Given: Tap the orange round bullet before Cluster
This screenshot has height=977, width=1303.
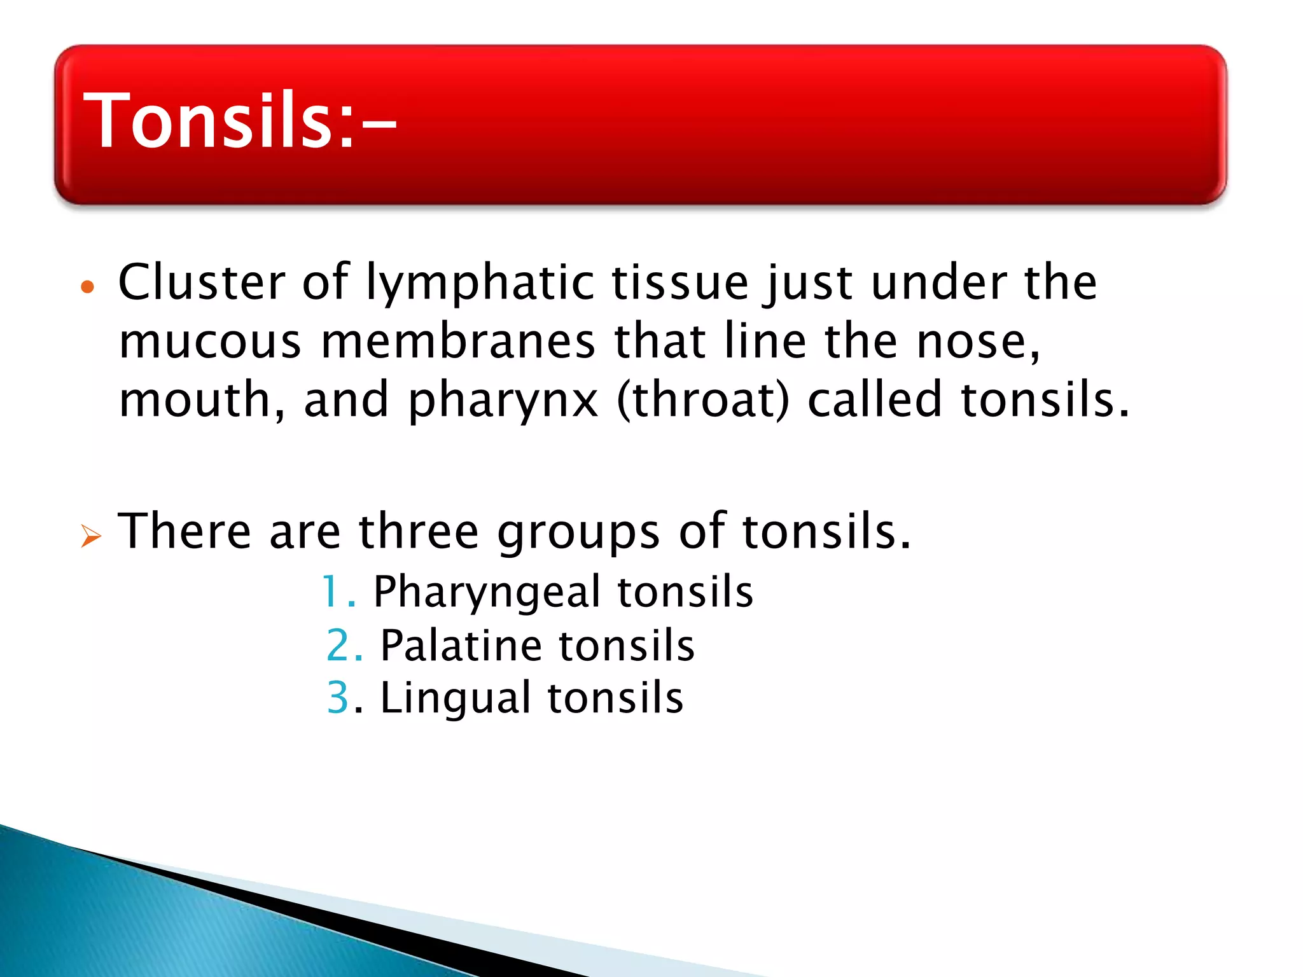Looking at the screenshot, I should pos(88,287).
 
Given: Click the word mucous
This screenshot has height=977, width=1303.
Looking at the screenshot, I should pos(210,342).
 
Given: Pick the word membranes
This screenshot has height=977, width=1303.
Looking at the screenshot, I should pos(458,341).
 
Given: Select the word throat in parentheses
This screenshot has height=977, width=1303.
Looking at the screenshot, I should pos(703,400).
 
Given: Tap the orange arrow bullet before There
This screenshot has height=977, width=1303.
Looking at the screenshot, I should pos(90,536).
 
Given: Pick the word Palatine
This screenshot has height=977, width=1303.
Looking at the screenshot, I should pos(461,646).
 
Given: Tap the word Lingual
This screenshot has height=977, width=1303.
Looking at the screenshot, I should pos(455,698).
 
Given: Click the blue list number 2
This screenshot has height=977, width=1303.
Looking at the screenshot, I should pos(338,646).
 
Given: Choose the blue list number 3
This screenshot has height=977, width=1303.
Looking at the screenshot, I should pos(338,698).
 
